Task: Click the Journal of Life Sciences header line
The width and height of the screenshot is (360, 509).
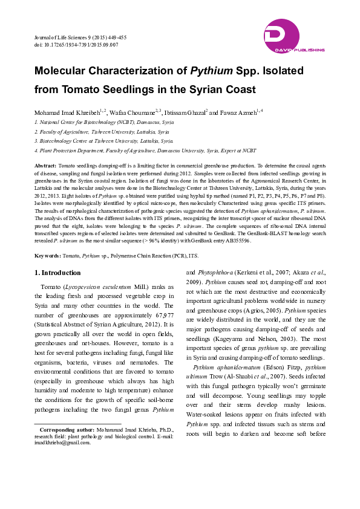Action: coord(80,37)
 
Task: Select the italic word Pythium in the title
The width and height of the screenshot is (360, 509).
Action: coord(212,71)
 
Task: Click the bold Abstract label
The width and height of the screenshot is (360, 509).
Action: coord(45,165)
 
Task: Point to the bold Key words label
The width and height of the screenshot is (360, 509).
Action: coord(47,257)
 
